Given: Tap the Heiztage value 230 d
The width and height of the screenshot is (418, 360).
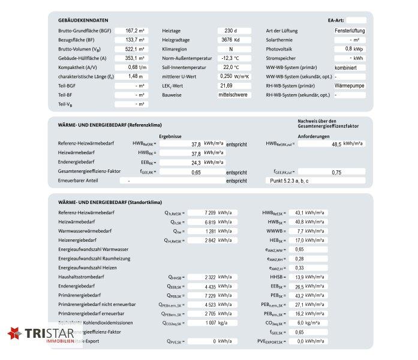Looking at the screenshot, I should click(230, 31).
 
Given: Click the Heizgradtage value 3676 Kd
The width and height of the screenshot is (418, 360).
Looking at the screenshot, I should click(230, 40).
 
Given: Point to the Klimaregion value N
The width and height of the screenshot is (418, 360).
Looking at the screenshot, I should click(230, 49).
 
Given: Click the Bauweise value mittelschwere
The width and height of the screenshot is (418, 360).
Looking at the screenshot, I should click(234, 95).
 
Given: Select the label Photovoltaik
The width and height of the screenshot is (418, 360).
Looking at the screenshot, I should click(280, 49).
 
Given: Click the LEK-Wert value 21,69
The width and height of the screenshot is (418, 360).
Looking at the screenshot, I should click(230, 86).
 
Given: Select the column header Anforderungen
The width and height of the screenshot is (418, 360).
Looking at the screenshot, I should click(313, 136).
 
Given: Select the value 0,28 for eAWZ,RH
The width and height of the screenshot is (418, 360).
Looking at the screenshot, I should click(300, 258).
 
